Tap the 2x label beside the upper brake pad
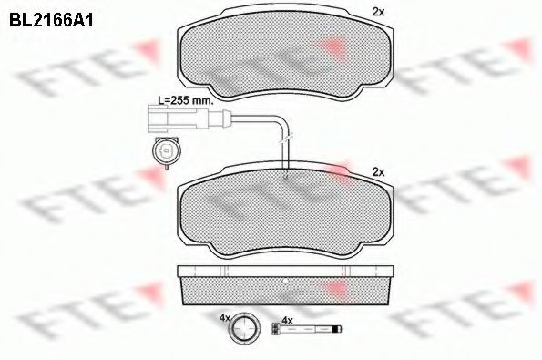pyautogui.click(x=378, y=12)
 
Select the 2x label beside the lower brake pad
pyautogui.click(x=378, y=171)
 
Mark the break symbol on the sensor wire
pyautogui.click(x=285, y=136)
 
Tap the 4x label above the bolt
pyautogui.click(x=287, y=319)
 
